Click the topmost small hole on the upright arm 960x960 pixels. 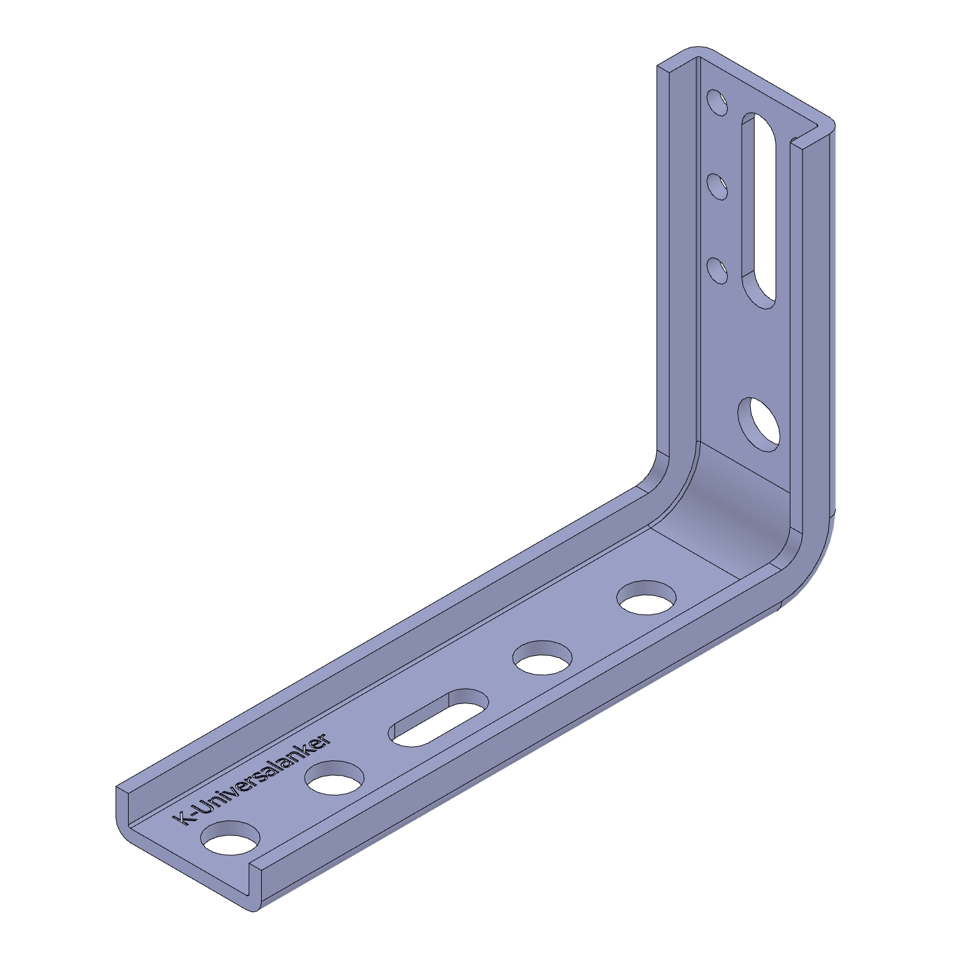[717, 102]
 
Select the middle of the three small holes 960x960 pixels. [717, 186]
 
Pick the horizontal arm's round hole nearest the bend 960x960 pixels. [646, 597]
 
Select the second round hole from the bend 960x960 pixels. [543, 657]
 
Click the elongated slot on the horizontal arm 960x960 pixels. [438, 717]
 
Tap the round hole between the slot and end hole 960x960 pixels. [335, 777]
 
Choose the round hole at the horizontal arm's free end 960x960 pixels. [231, 837]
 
